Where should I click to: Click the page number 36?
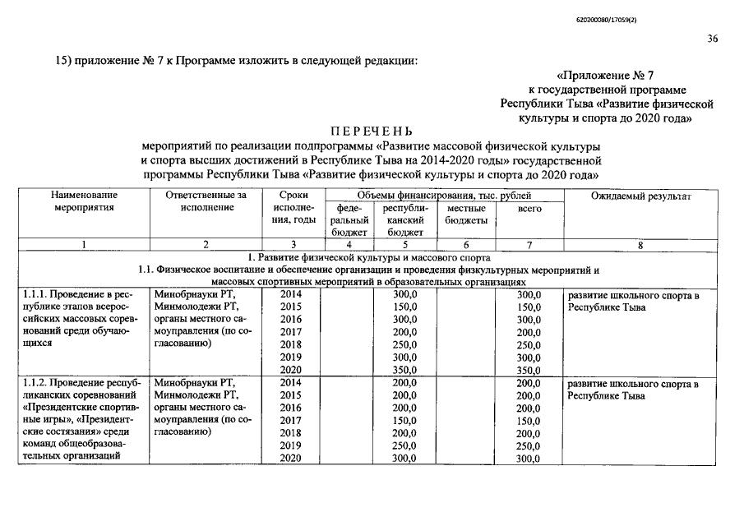click(711, 39)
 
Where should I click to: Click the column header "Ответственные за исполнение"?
click(206, 201)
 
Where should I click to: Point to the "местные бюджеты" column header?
click(466, 215)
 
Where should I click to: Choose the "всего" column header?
click(529, 209)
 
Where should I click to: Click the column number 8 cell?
click(640, 245)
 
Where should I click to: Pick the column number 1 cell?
click(83, 245)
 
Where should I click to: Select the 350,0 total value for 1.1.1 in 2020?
click(529, 371)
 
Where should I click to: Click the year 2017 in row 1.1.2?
click(291, 421)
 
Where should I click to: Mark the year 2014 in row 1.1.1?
click(291, 294)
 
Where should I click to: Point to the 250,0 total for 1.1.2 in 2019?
click(529, 446)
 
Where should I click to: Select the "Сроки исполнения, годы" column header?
click(293, 208)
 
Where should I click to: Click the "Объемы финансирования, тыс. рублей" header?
click(444, 196)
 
